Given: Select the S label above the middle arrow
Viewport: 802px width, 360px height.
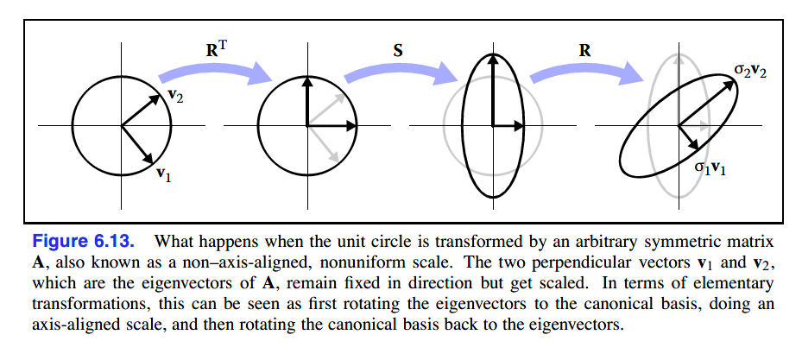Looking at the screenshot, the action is [397, 50].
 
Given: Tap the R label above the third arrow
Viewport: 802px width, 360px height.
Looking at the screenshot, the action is [585, 50].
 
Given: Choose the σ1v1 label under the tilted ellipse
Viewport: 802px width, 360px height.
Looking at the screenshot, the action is [710, 168].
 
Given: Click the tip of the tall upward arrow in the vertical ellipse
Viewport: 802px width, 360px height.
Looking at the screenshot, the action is [493, 57].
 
